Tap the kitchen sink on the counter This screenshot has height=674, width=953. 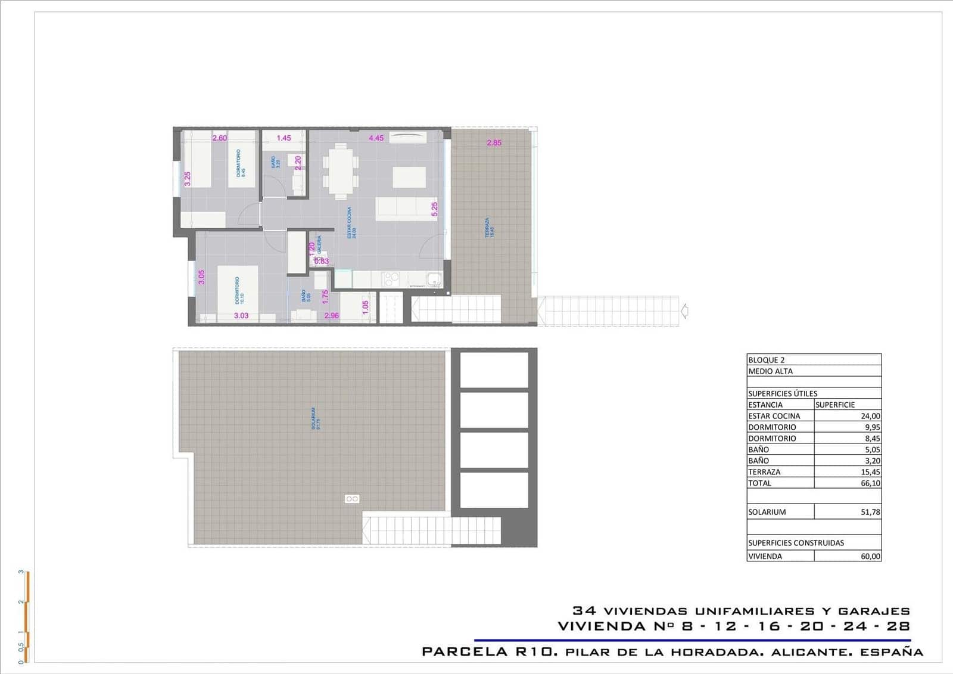pos(434,279)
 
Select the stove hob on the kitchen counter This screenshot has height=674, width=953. pos(391,279)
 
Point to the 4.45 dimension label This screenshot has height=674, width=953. pos(376,138)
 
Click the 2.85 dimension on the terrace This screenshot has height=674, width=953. pos(494,143)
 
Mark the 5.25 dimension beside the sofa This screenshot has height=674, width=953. pos(435,209)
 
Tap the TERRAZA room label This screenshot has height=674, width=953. pos(488,228)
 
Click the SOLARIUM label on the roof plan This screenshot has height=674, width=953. pos(315,419)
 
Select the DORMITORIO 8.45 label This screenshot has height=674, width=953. pos(240,163)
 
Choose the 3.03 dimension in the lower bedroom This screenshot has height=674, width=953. pos(241,316)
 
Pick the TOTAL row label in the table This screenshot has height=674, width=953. pos(759,483)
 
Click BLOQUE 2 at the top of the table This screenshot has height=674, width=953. pos(767,360)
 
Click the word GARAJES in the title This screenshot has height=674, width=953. pos(874,611)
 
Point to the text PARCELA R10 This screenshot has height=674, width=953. pos(490,652)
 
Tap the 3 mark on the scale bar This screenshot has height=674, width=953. pos(21,572)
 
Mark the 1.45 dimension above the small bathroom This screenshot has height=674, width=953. pos(284,138)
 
